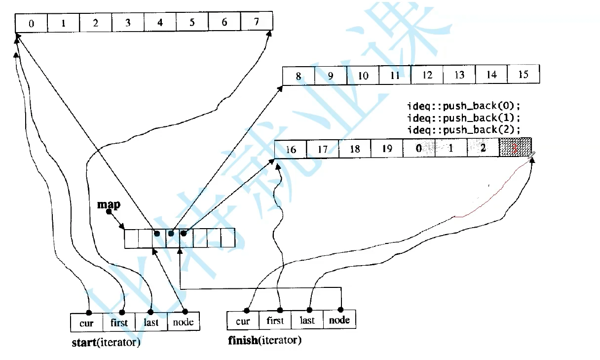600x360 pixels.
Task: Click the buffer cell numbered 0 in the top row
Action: (32, 23)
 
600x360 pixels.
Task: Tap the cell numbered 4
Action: (160, 23)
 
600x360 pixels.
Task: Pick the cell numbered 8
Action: (299, 76)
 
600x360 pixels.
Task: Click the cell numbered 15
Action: (524, 75)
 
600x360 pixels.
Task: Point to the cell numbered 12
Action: (427, 75)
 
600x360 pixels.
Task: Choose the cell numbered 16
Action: (291, 149)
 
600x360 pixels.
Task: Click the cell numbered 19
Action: (387, 149)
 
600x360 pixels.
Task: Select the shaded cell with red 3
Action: (515, 148)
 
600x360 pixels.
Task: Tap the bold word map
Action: (109, 204)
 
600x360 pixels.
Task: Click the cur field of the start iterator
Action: (87, 323)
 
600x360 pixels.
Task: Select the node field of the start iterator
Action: (184, 322)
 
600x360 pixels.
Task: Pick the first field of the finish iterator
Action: (275, 320)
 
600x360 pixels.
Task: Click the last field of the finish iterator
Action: (307, 320)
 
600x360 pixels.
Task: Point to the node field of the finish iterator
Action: (339, 320)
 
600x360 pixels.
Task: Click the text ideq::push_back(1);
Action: (464, 118)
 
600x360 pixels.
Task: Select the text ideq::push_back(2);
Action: (464, 129)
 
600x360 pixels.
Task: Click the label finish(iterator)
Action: (264, 340)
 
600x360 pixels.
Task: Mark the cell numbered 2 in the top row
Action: (96, 23)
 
